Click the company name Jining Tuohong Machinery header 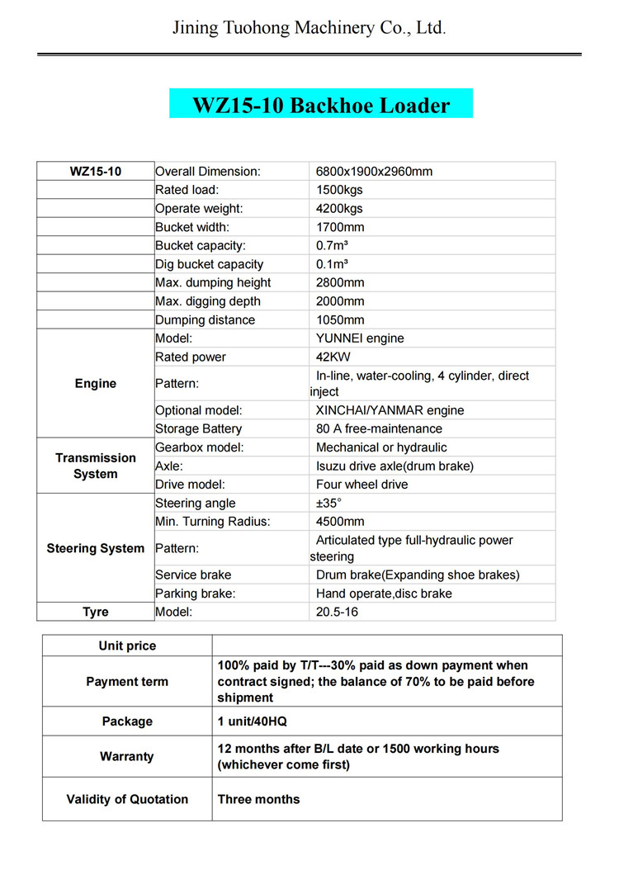pos(309,28)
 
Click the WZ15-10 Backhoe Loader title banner pos(321,105)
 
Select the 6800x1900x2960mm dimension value pos(374,172)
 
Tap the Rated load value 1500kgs pos(340,190)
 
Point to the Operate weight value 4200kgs pos(339,209)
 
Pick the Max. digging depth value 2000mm pos(341,301)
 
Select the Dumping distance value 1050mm pos(341,320)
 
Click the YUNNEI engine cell pos(360,338)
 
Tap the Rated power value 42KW pos(334,357)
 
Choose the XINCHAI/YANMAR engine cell pos(390,410)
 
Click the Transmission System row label pos(96,466)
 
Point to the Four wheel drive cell pos(361,485)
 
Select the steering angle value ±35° pos(328,504)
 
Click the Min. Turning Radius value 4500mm pos(340,522)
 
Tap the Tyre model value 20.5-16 pos(337,612)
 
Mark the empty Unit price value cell pos(387,646)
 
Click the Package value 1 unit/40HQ pos(252,721)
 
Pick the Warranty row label pos(127,756)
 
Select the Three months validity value pos(258,799)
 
